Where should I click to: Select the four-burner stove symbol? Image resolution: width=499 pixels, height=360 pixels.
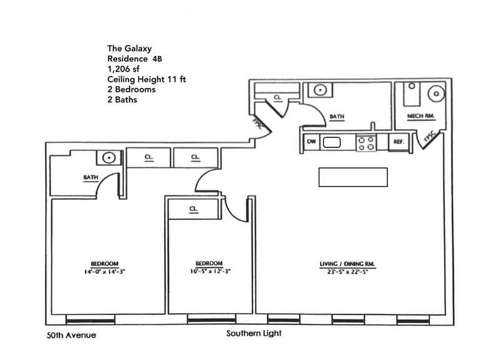366,143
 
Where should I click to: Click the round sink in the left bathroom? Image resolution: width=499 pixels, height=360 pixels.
109,158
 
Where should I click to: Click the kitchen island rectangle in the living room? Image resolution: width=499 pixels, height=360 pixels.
353,177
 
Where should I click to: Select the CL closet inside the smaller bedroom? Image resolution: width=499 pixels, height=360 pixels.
194,209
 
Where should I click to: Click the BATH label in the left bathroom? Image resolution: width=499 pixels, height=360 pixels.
91,178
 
